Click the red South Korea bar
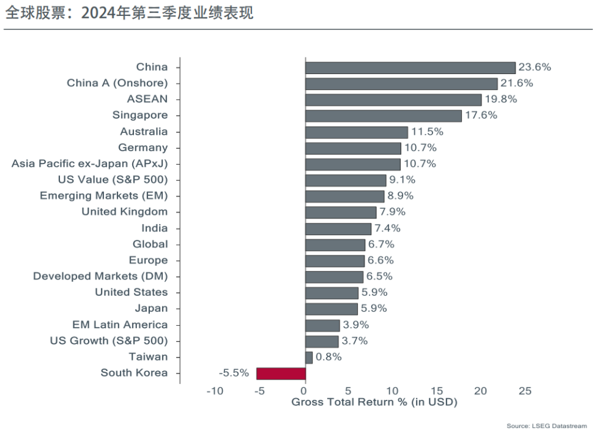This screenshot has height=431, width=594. click(281, 373)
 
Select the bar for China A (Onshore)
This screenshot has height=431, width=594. click(401, 83)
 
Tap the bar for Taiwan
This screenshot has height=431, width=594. click(309, 357)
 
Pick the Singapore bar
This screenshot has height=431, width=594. click(384, 116)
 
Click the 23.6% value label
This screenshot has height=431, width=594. click(535, 67)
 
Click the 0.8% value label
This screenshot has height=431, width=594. click(329, 357)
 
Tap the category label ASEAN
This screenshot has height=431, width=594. click(147, 99)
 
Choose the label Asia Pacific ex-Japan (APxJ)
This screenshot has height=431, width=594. click(89, 163)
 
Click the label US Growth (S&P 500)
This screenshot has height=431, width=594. click(108, 340)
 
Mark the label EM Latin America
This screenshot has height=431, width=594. click(119, 324)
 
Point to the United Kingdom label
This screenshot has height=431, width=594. click(124, 212)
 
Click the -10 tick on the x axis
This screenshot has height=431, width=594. click(215, 391)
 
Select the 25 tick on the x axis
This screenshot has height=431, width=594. click(525, 391)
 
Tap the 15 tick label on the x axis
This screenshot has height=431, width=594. click(436, 391)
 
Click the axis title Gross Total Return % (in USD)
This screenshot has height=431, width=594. click(374, 402)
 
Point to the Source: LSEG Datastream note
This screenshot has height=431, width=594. click(546, 425)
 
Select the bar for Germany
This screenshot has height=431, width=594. click(353, 148)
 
